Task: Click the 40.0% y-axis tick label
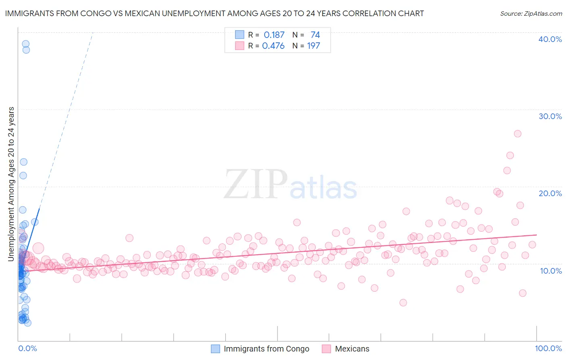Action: coord(550,39)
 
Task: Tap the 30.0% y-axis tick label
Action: coord(550,116)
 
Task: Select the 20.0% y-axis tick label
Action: coord(550,193)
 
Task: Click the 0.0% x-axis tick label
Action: coord(27,348)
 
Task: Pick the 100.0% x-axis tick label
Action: coord(548,348)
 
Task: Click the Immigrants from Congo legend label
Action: coord(266,349)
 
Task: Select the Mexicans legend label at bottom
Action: coord(352,349)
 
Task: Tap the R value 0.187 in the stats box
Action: coord(274,35)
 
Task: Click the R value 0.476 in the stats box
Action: coord(273,46)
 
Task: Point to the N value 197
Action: coord(313,46)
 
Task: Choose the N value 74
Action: coord(315,35)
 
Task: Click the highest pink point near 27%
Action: coord(517,134)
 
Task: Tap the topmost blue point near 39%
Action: coord(25,44)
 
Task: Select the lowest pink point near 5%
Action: coord(403,303)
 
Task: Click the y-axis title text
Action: coord(11,184)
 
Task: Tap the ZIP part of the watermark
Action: coord(256,184)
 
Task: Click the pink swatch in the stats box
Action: coord(240,46)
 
